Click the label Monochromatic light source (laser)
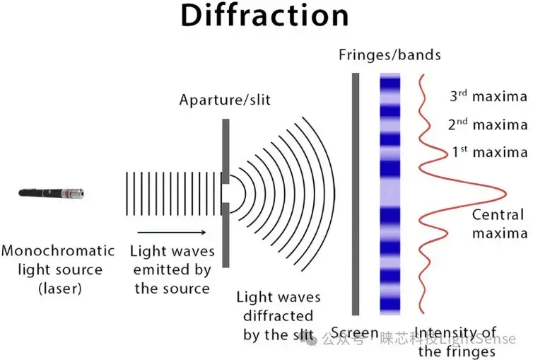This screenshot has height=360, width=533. [57, 269]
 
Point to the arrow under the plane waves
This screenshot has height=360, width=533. [172, 231]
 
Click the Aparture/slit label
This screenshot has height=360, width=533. [225, 102]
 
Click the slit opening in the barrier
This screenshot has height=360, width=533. [225, 192]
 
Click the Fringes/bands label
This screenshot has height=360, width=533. [389, 54]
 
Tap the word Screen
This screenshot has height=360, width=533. [356, 333]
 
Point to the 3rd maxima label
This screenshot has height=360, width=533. [488, 96]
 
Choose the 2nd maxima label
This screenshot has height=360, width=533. [488, 124]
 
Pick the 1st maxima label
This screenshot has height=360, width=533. [488, 152]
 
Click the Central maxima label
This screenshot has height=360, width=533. [498, 223]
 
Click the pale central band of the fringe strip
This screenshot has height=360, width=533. [391, 192]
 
